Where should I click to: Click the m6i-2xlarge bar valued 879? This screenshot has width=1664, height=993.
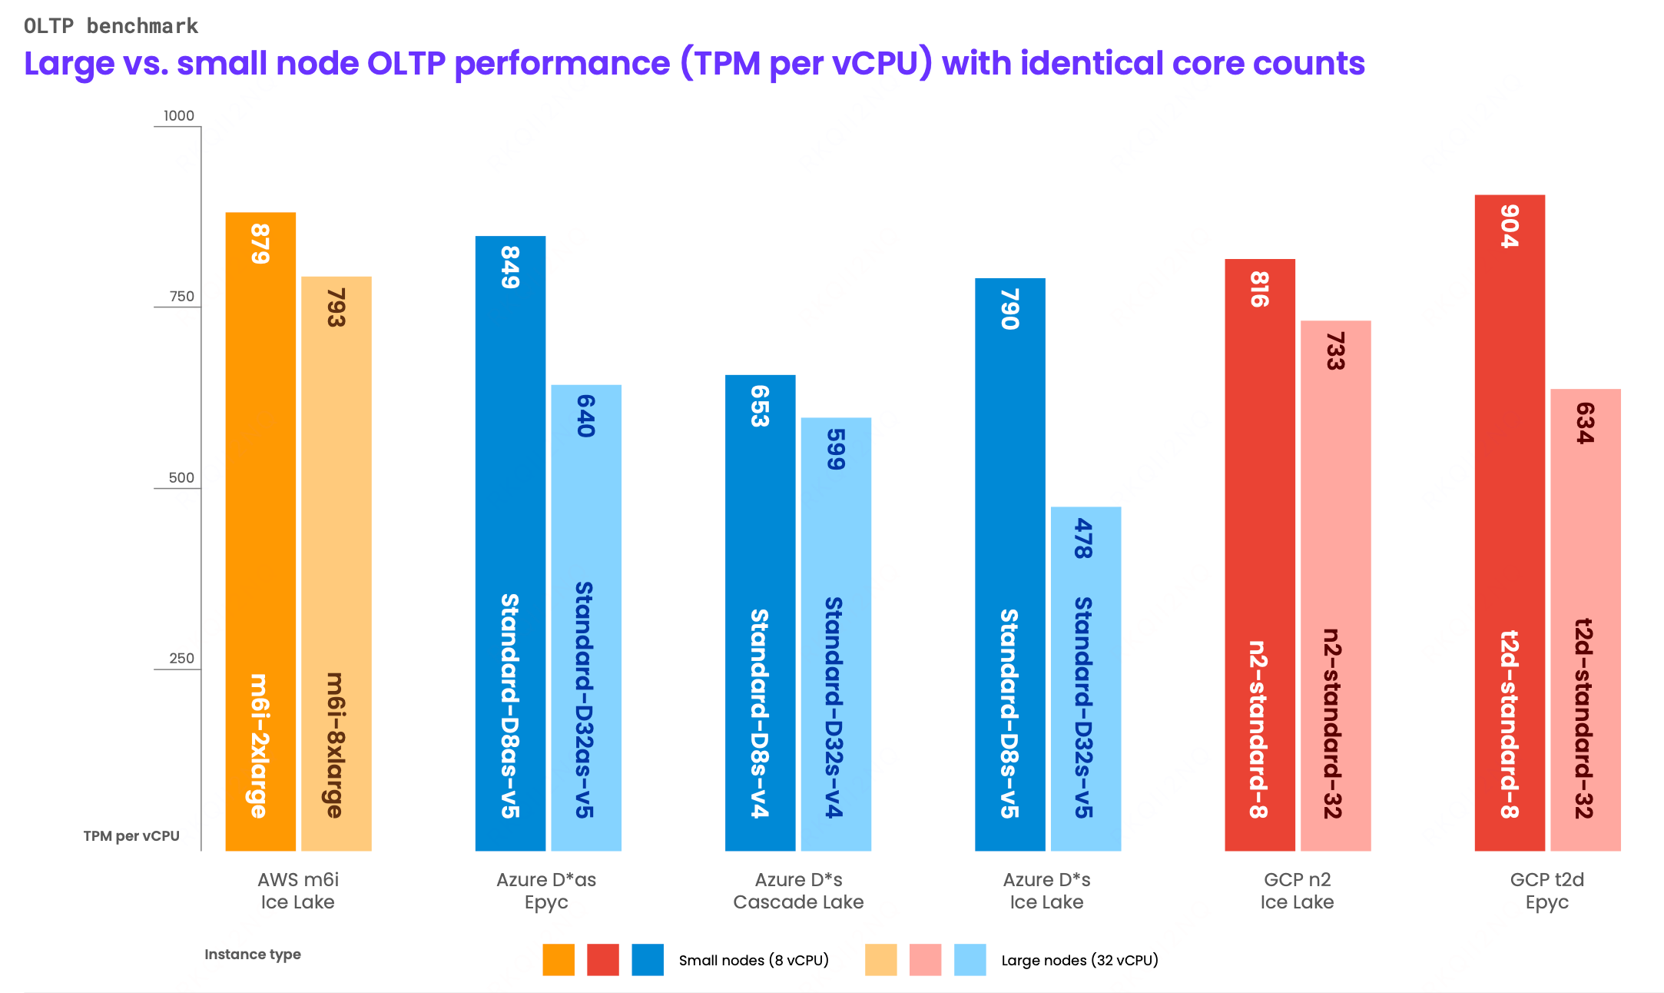point(260,530)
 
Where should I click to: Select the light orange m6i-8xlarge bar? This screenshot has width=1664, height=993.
point(336,561)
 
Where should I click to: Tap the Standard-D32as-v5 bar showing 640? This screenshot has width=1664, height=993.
point(586,615)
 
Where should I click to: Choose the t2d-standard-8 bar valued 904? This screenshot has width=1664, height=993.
point(1510,523)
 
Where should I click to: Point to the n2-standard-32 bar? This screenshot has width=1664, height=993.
point(1335,584)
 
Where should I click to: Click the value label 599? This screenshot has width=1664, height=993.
point(836,450)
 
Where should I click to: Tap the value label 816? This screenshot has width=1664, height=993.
point(1260,290)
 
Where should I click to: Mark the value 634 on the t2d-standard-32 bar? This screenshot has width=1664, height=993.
point(1586,423)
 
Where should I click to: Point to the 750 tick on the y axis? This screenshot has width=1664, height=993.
point(181,297)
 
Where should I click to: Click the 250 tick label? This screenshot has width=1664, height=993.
point(181,659)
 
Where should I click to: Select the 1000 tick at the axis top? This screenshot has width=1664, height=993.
point(179,116)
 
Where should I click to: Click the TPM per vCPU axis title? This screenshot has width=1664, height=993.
point(131,836)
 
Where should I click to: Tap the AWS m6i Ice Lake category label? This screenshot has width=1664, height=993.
point(298,891)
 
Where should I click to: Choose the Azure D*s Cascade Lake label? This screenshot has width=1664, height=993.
point(798,891)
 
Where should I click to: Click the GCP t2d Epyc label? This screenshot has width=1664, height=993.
point(1547,891)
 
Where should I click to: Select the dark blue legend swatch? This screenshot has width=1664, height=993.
point(648,960)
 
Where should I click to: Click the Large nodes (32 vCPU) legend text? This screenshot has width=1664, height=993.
point(1079,960)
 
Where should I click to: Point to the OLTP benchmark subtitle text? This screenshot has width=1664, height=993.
point(111,26)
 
